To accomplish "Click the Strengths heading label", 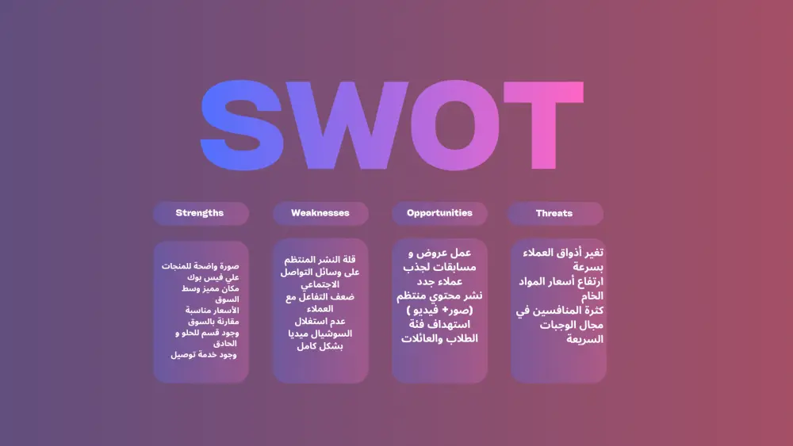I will [x=200, y=213].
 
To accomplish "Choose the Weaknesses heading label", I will [x=320, y=213].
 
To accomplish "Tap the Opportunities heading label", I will [x=439, y=213].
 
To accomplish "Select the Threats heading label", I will [x=554, y=213].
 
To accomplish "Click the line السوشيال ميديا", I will [x=320, y=334].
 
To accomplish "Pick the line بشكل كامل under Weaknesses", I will [x=320, y=347].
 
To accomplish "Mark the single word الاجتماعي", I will [x=320, y=284].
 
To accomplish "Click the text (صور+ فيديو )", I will [x=439, y=310].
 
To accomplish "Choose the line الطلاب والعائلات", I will [x=439, y=338].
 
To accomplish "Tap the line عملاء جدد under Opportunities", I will [x=439, y=281].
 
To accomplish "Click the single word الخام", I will [x=592, y=295].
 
